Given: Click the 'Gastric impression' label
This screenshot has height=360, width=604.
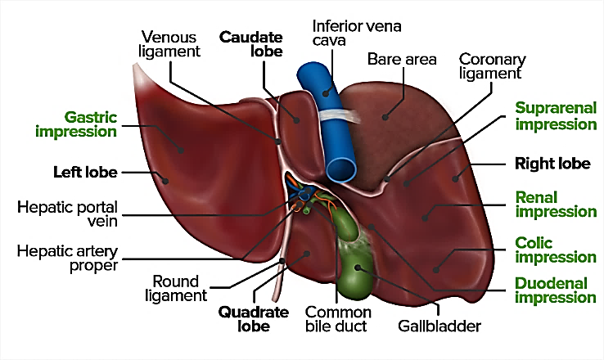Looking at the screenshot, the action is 76,124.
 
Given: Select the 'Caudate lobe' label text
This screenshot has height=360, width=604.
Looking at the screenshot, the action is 250,44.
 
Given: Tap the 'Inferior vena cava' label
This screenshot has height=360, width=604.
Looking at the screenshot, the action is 357,33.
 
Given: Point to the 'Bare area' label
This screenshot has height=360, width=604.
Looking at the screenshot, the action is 402,59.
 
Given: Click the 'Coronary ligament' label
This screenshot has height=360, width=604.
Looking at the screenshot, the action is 492,65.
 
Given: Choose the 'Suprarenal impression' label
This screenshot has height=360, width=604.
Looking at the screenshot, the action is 556,116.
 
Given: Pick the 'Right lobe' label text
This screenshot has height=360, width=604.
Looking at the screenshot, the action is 552,164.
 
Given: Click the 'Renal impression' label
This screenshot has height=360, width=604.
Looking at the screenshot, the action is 556,205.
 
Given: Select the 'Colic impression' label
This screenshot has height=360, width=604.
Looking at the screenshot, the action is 556,250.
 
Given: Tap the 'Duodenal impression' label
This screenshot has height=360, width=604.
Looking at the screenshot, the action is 556,290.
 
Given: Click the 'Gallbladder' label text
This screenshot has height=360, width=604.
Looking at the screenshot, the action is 439,326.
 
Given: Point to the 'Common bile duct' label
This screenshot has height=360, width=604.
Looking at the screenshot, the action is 338,319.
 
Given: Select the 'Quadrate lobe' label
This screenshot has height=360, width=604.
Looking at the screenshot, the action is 254,319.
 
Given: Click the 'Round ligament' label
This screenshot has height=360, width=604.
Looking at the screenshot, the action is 176,288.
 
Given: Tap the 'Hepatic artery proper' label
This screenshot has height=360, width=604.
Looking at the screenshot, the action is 67,259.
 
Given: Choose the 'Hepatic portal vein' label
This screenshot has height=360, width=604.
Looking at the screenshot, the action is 67,214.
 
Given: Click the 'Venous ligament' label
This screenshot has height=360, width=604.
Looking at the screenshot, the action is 169,44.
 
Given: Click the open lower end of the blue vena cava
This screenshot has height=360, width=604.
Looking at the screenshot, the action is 341,169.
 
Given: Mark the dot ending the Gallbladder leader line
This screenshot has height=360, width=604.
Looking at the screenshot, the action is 358,268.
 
